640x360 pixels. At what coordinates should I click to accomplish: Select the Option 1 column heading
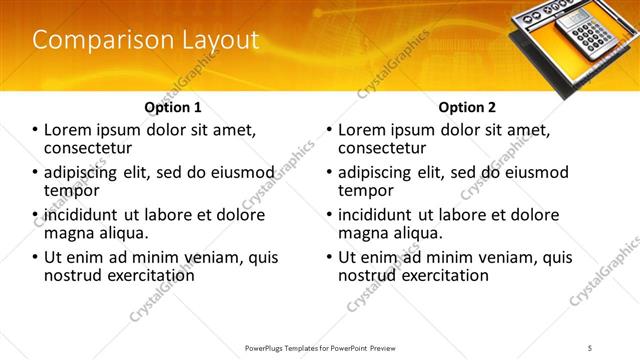[x=173, y=107]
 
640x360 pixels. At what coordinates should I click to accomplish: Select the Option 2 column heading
[x=466, y=107]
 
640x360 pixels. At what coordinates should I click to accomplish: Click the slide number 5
[x=590, y=347]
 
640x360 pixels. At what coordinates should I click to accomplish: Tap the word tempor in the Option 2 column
[x=366, y=190]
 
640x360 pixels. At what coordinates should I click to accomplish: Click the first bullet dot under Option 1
[x=36, y=130]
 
